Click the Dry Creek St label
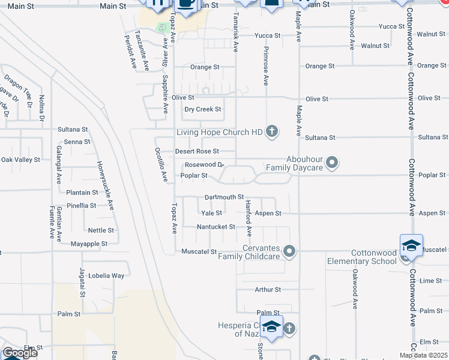(x=202, y=109)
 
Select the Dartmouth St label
(x=224, y=197)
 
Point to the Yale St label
(x=212, y=213)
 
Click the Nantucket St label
(x=216, y=227)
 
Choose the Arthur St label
(x=268, y=290)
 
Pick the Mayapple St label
(x=89, y=244)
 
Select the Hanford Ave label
(x=249, y=218)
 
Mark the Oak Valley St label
(x=20, y=160)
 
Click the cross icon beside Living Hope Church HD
(x=272, y=131)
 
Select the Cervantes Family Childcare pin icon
(x=290, y=251)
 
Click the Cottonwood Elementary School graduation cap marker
(x=411, y=246)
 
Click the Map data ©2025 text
(x=423, y=355)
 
